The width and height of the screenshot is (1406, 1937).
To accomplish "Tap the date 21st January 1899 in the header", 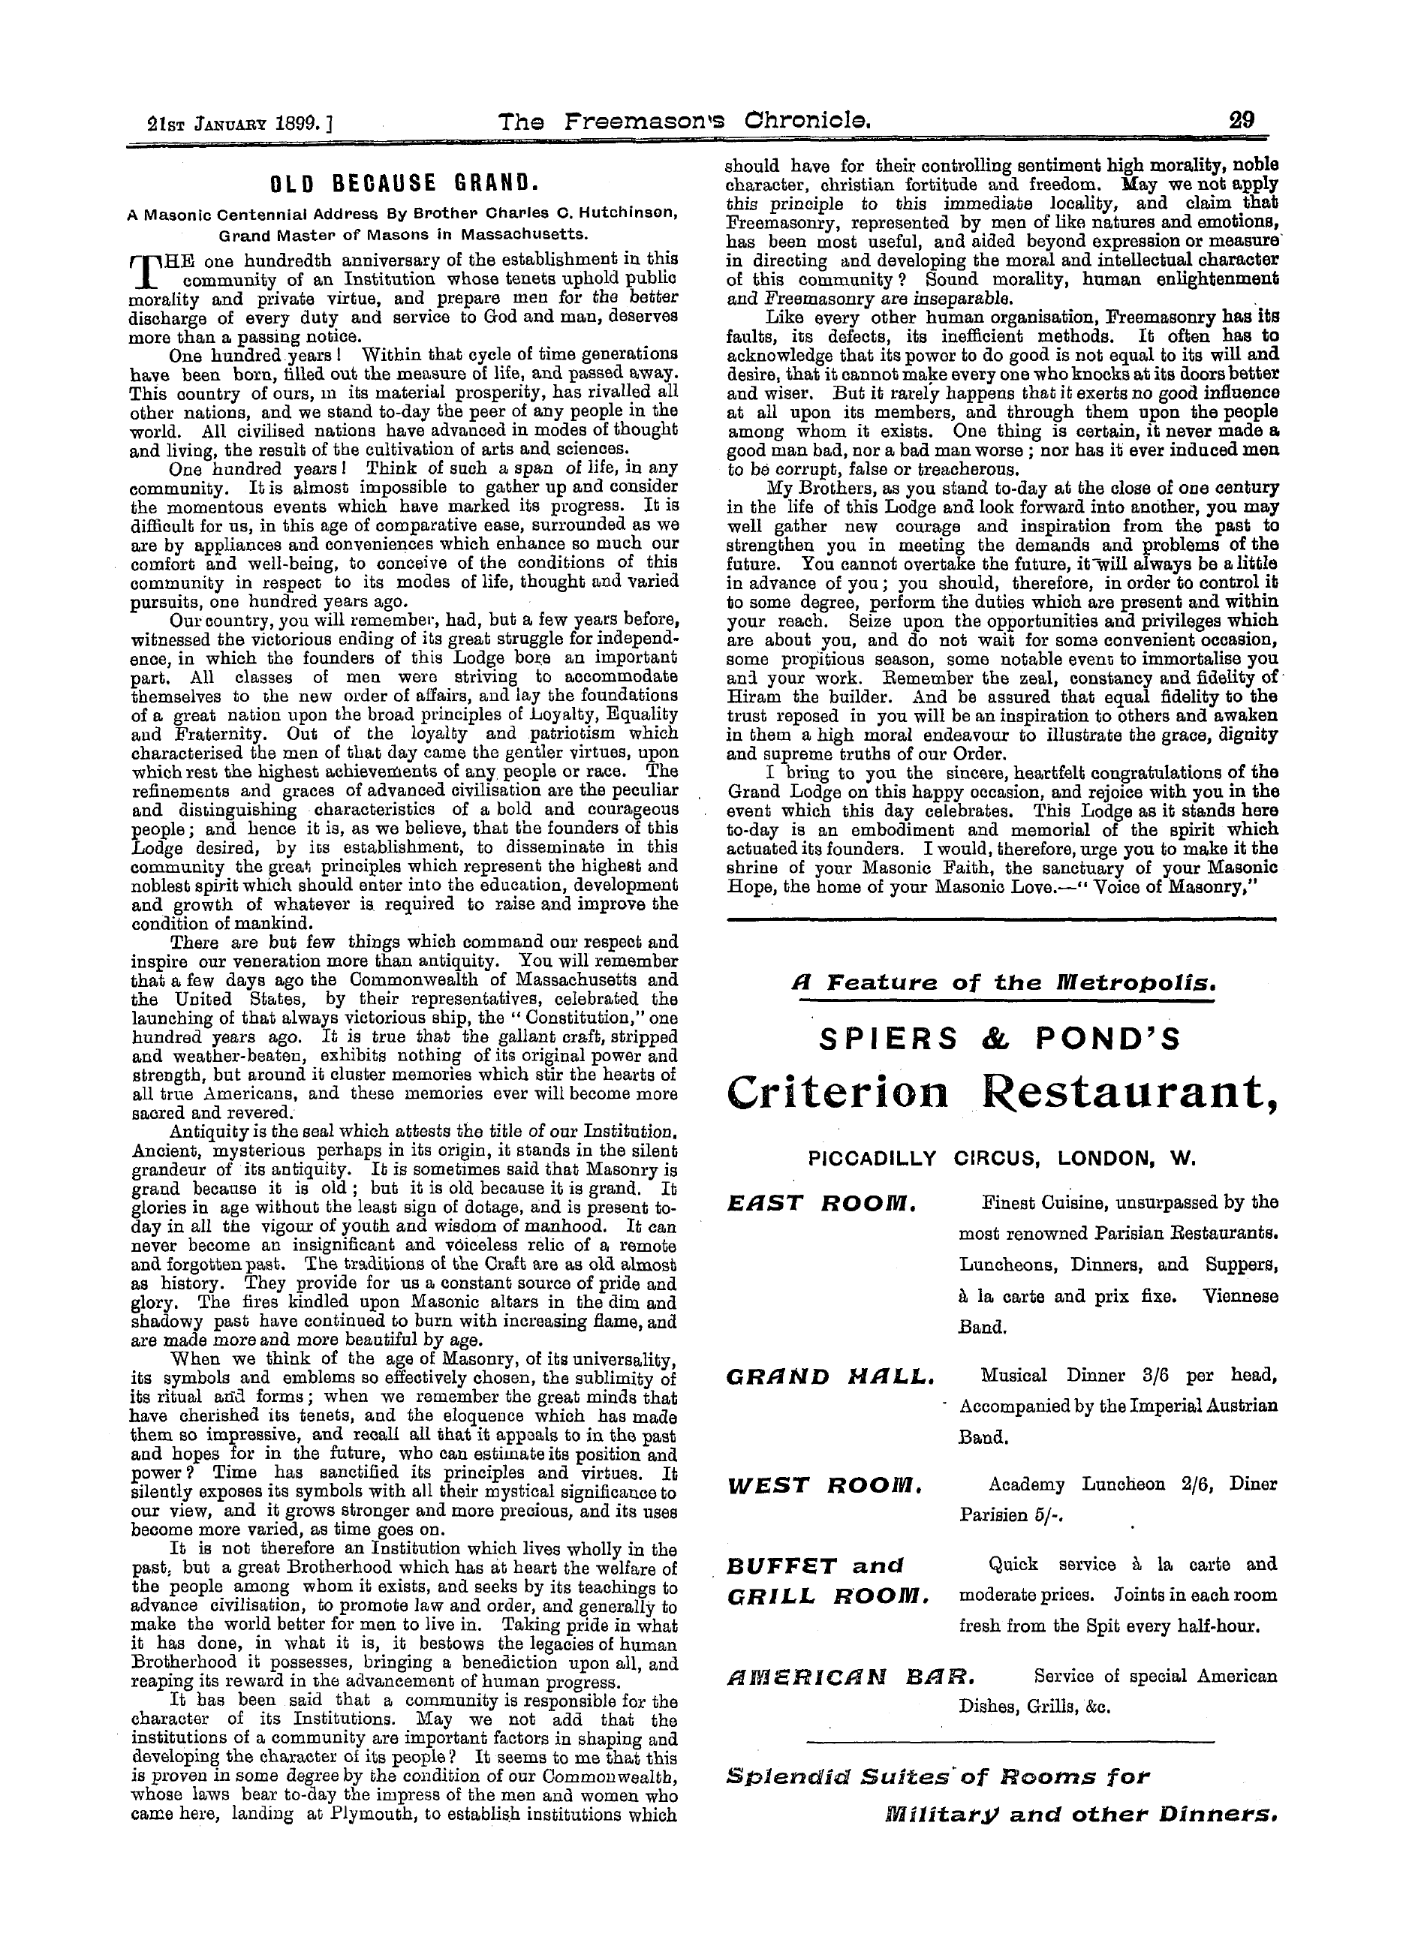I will tap(230, 125).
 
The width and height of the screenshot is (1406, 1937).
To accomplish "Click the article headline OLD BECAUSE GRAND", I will tap(403, 183).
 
